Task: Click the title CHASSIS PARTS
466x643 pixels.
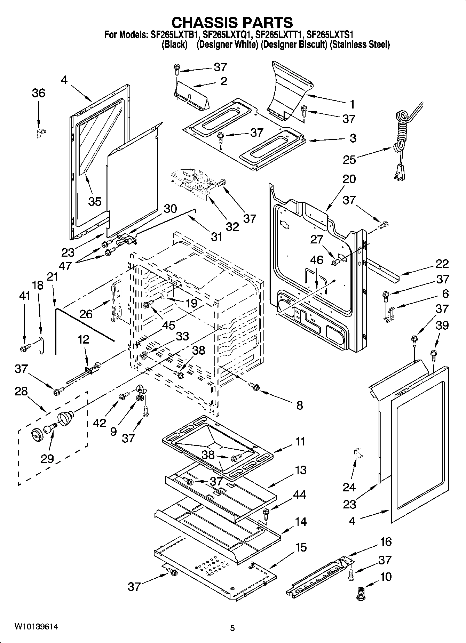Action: (x=232, y=22)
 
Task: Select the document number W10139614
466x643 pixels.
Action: (x=36, y=627)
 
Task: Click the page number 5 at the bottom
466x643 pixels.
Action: (x=232, y=628)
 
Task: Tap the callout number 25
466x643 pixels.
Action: (x=349, y=160)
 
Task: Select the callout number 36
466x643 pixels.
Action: (x=39, y=93)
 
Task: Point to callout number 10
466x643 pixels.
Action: (x=386, y=577)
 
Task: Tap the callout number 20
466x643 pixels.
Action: (x=349, y=179)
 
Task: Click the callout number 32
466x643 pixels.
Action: (x=232, y=227)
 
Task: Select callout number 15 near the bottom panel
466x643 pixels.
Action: (x=301, y=547)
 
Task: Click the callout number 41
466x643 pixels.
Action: (x=24, y=296)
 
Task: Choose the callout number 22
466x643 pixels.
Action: (x=442, y=264)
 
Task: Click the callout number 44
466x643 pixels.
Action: (x=299, y=494)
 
